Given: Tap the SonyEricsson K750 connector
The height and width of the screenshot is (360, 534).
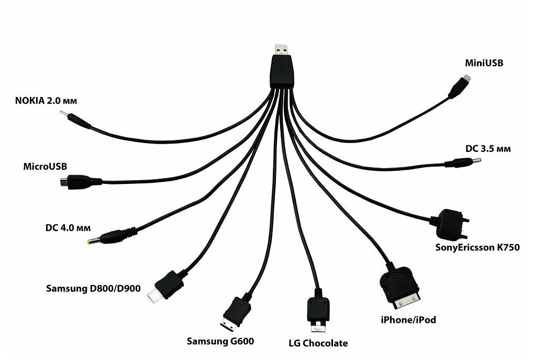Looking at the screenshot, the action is tap(449, 223).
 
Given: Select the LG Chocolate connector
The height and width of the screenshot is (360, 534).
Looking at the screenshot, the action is tap(317, 314).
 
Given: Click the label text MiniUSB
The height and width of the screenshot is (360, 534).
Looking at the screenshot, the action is tap(484, 63).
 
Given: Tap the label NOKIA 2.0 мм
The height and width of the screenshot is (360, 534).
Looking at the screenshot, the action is tap(49, 100).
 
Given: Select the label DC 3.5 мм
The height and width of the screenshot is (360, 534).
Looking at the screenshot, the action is tap(488, 148).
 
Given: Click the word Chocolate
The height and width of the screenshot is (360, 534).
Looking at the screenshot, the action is tap(326, 344).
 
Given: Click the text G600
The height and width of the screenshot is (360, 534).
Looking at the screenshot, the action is tap(242, 342).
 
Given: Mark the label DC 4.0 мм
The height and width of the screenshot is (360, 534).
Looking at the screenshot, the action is tap(68, 228).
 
